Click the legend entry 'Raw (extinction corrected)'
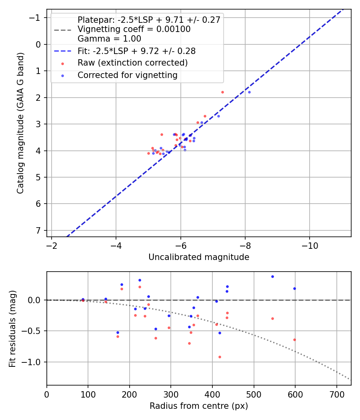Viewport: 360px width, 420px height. tap(132, 63)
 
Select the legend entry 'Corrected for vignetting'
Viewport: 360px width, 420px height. tap(127, 75)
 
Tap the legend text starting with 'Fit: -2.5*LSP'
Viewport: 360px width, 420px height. tap(136, 51)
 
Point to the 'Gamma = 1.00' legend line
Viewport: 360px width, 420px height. tap(109, 39)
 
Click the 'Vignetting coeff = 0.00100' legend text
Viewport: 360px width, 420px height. tap(134, 29)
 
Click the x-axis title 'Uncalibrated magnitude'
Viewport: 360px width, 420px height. tap(199, 257)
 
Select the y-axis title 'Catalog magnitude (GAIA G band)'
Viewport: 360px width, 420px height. tap(20, 123)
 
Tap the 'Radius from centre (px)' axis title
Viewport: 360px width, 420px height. tap(199, 406)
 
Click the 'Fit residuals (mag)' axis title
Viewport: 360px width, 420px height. tap(12, 328)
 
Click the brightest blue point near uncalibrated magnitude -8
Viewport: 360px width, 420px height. tap(249, 92)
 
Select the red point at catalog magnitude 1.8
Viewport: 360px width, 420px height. tap(222, 92)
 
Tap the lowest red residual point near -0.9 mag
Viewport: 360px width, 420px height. tap(220, 357)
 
